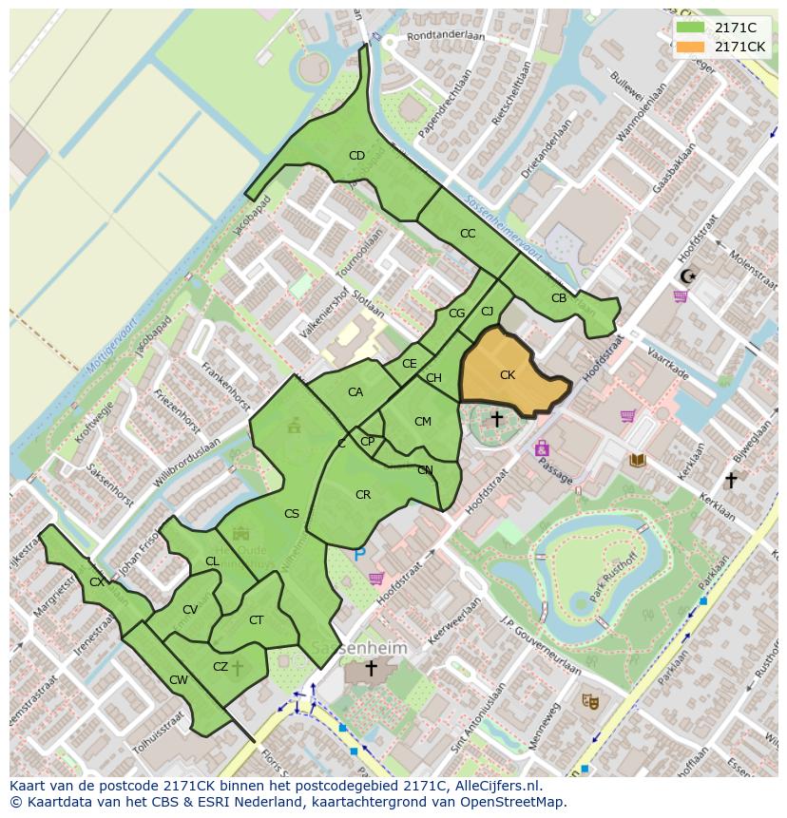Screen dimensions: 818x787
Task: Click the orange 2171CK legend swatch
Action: (691, 47)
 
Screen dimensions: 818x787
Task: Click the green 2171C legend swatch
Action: (691, 28)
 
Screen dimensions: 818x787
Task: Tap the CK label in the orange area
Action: (508, 375)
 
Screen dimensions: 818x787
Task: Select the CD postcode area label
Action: (356, 156)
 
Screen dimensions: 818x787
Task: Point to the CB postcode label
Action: (559, 298)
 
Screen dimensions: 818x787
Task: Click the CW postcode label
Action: (178, 679)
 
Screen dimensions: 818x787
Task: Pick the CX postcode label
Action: (97, 581)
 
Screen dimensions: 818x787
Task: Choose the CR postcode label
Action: (363, 495)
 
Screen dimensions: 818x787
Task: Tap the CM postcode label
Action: (423, 422)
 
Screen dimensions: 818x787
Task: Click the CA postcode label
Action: (355, 392)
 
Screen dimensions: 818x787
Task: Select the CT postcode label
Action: (256, 620)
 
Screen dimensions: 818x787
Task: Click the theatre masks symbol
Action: (590, 701)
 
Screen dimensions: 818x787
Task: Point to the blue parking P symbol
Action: (359, 554)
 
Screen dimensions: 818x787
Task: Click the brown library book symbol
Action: (638, 460)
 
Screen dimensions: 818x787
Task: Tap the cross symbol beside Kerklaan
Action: (730, 481)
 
